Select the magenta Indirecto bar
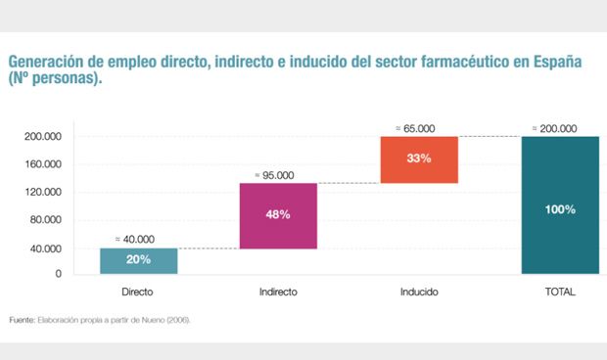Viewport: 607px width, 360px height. point(278,215)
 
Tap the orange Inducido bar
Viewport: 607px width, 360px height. point(419,158)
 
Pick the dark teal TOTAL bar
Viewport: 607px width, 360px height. point(560,205)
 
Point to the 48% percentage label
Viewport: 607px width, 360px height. point(278,214)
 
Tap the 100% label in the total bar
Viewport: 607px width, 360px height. point(560,210)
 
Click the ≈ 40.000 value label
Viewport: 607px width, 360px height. point(134,239)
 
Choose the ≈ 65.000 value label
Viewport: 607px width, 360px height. point(415,127)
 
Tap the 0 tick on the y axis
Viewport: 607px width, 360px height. point(58,275)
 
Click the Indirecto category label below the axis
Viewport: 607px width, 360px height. point(278,292)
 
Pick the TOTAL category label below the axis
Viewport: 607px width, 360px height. point(560,292)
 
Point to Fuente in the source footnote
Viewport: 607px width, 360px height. point(22,320)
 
